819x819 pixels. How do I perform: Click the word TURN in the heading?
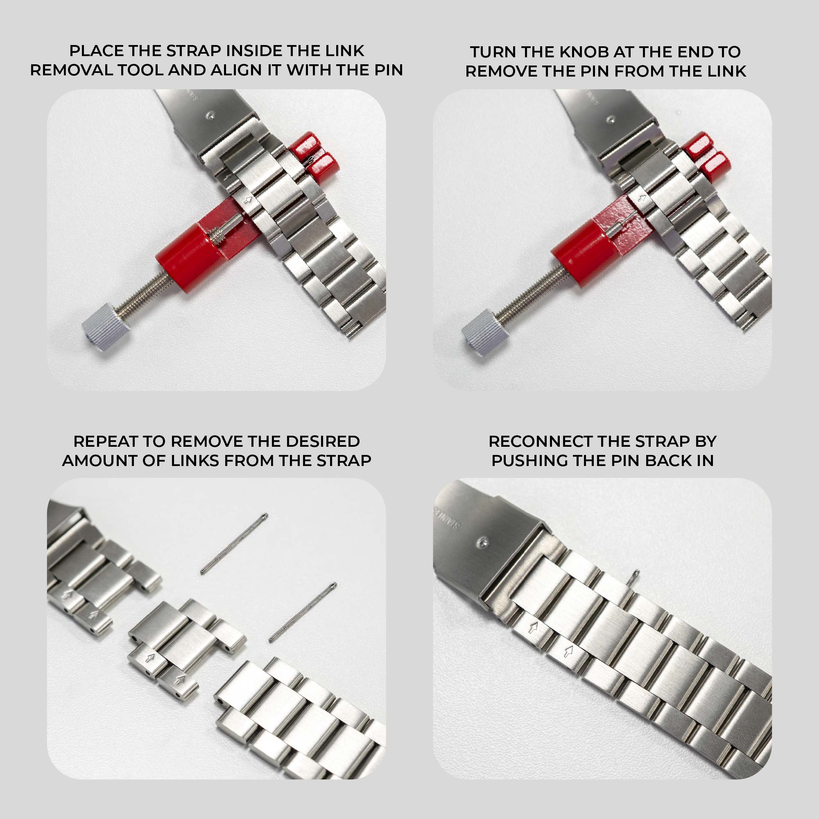coord(493,52)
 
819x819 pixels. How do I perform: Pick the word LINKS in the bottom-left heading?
coord(195,460)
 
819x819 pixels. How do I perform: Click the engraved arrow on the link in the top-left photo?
coord(249,200)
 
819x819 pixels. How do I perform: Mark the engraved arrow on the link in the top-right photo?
coord(642,198)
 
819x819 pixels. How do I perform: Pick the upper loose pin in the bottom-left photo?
coord(234,543)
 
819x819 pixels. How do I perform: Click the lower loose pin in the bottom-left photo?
coord(303,613)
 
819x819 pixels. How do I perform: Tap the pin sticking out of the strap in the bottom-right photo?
coord(634,577)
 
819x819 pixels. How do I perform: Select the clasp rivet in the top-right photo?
coord(610,119)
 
